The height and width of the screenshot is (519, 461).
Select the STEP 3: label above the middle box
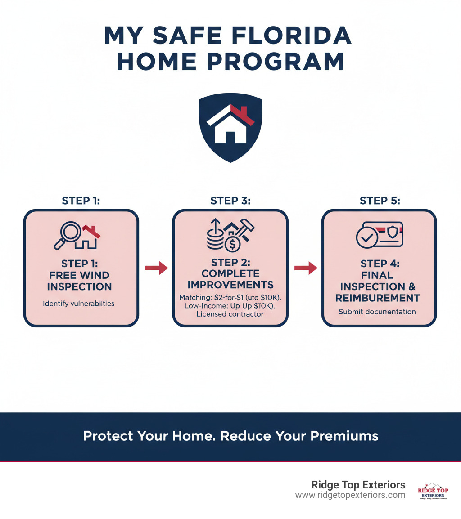[230, 201]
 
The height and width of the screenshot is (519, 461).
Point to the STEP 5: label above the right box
[379, 201]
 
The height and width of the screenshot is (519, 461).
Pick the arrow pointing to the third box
[305, 268]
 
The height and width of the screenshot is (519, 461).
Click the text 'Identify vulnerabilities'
[79, 304]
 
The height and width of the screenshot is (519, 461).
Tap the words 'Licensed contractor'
[230, 314]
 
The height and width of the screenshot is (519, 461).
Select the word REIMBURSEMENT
[379, 298]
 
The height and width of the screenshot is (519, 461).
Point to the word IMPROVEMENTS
[230, 284]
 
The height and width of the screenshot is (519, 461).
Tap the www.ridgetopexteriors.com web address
[350, 495]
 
